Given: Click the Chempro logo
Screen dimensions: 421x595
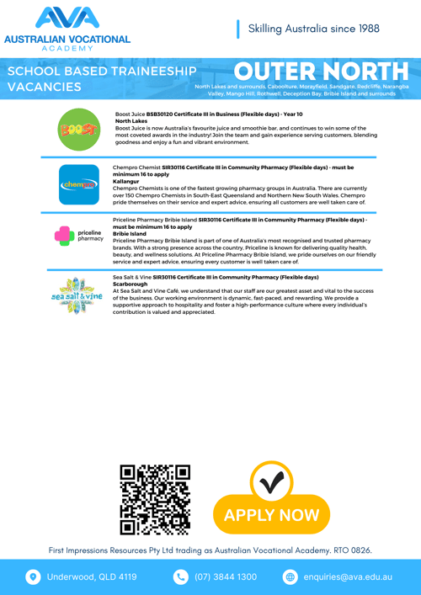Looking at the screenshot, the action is tap(77, 183).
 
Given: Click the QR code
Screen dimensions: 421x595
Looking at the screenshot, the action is tap(155, 502).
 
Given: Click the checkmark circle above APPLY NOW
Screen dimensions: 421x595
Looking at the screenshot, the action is tap(271, 482).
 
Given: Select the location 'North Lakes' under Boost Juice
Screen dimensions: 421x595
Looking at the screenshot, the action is tap(131, 120).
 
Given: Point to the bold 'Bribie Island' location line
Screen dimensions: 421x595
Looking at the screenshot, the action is tap(130, 233).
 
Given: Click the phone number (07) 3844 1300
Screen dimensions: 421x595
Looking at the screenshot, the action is tap(226, 577).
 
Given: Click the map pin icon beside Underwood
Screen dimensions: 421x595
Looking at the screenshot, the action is tap(34, 577).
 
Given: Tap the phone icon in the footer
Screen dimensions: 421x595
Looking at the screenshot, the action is tap(181, 577).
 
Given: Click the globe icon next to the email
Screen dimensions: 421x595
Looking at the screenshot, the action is tap(290, 577).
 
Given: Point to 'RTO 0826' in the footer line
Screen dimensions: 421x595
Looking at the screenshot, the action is tap(353, 550).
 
